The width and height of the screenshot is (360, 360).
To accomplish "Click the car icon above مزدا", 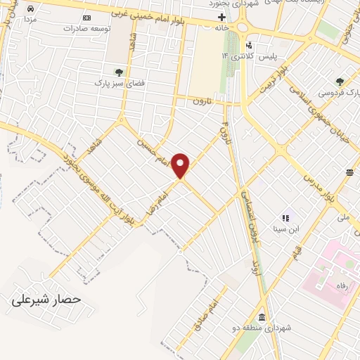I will pyautogui.click(x=32, y=8).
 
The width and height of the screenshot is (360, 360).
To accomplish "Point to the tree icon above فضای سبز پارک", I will pyautogui.click(x=120, y=71).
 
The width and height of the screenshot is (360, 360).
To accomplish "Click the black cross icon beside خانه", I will pyautogui.click(x=222, y=17).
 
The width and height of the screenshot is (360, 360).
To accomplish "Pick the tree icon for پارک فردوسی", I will pyautogui.click(x=340, y=81).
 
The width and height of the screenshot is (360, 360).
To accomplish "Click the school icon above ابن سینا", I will pyautogui.click(x=285, y=219).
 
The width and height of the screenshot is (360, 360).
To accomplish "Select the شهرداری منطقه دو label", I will pyautogui.click(x=270, y=328).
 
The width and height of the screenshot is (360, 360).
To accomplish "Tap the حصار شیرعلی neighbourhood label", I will pyautogui.click(x=46, y=300).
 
